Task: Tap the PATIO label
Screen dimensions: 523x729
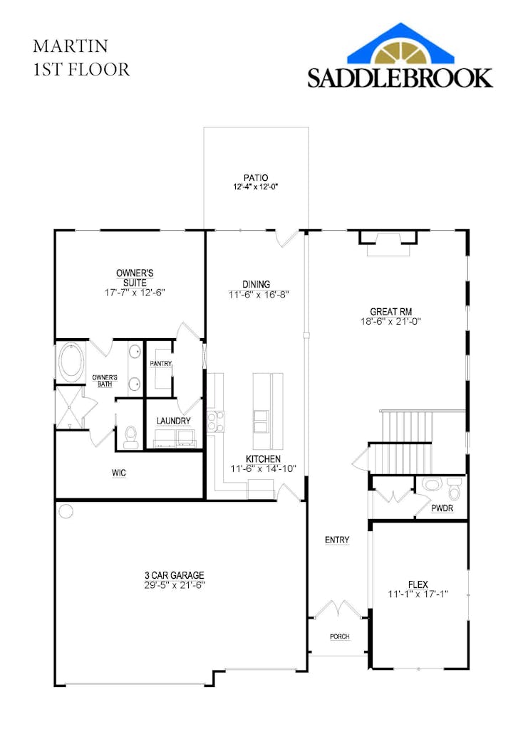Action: click(256, 177)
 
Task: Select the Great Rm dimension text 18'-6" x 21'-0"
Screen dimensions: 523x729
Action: click(390, 321)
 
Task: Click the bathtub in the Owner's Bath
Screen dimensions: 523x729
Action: click(71, 362)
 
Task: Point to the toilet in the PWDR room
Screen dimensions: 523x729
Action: click(454, 488)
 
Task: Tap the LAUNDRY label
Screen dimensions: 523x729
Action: click(174, 421)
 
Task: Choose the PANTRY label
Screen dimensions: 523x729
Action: click(160, 363)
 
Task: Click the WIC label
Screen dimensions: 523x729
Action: click(119, 473)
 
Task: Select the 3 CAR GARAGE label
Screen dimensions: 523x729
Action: click(174, 575)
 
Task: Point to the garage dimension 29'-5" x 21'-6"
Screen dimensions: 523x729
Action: click(174, 585)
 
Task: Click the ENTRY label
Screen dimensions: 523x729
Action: click(337, 540)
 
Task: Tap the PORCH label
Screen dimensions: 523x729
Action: click(340, 636)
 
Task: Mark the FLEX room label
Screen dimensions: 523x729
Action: click(418, 585)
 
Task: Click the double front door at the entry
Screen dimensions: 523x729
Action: click(338, 610)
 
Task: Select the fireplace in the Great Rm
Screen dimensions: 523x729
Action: click(388, 243)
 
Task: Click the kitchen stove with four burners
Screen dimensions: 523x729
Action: click(214, 421)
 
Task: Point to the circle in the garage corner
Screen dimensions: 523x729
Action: click(66, 511)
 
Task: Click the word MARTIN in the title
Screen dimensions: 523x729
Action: click(71, 46)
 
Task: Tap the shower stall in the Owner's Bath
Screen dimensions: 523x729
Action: click(69, 407)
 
